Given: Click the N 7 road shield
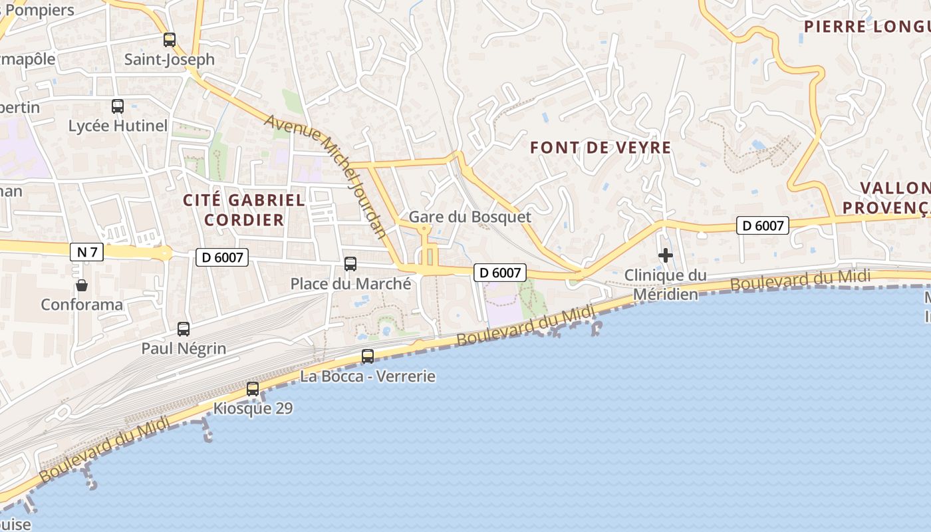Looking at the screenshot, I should [86, 251].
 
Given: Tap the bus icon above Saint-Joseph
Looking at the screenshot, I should [170, 40].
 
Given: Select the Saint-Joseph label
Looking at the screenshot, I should [170, 59].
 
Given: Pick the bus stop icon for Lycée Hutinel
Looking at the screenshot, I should [118, 106].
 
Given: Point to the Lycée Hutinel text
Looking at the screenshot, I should [118, 126].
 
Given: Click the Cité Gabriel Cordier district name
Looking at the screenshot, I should [244, 209].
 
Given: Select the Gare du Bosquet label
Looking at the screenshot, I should [469, 217].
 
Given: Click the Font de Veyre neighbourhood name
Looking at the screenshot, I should [600, 148].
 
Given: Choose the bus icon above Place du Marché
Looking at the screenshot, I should [350, 264].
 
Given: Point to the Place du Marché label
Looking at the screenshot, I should [350, 284].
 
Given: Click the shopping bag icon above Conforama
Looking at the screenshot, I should [82, 285].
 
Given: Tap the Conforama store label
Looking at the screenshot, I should [82, 305].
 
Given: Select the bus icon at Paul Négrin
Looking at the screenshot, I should [184, 329].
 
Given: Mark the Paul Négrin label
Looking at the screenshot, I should [184, 348].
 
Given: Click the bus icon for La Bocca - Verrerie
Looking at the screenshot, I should [368, 356].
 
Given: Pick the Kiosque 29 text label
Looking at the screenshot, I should [253, 408].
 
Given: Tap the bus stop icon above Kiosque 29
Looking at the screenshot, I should [253, 389].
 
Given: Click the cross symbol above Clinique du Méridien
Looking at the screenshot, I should [665, 255].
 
